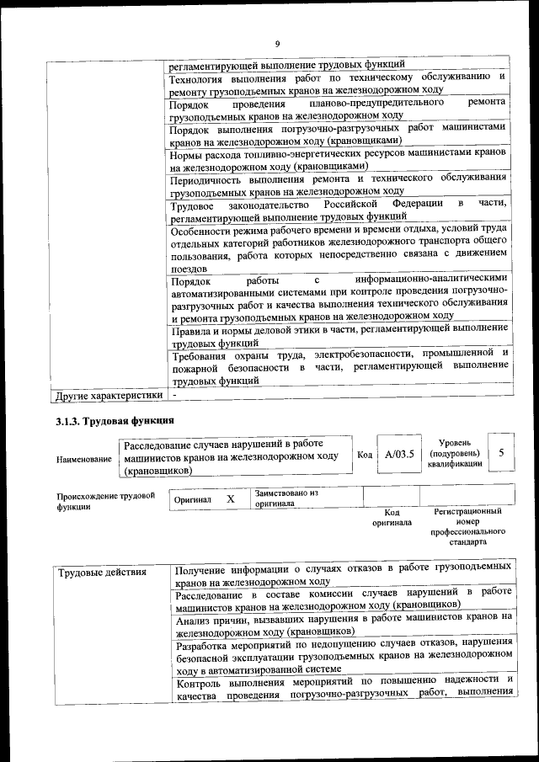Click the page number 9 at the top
pos(276,44)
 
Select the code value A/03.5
pos(399,455)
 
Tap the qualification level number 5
pos(501,453)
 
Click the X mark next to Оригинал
pos(230,499)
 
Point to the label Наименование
pos(83,459)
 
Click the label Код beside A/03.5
pos(365,455)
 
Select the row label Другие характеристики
pos(109,394)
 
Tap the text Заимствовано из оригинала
pos(286,498)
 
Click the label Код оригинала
pos(392,517)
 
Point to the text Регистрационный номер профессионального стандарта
pos(467,526)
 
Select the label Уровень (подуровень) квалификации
pos(455,453)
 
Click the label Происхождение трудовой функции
pos(105,501)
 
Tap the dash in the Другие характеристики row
pos(174,394)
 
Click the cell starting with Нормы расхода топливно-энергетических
pos(338,161)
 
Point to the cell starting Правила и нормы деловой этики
pos(338,336)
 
